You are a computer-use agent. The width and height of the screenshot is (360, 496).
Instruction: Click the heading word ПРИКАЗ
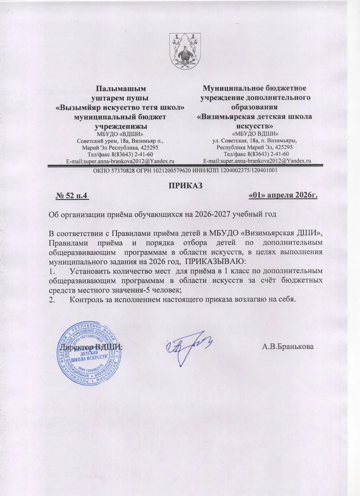tap(185, 186)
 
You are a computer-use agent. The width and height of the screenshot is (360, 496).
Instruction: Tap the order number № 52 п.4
tap(72, 196)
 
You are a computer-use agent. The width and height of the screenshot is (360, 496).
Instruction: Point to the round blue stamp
tap(90, 353)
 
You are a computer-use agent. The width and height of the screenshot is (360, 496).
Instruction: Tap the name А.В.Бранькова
tap(288, 347)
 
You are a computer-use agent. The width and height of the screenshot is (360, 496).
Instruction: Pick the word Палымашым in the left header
tap(121, 89)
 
